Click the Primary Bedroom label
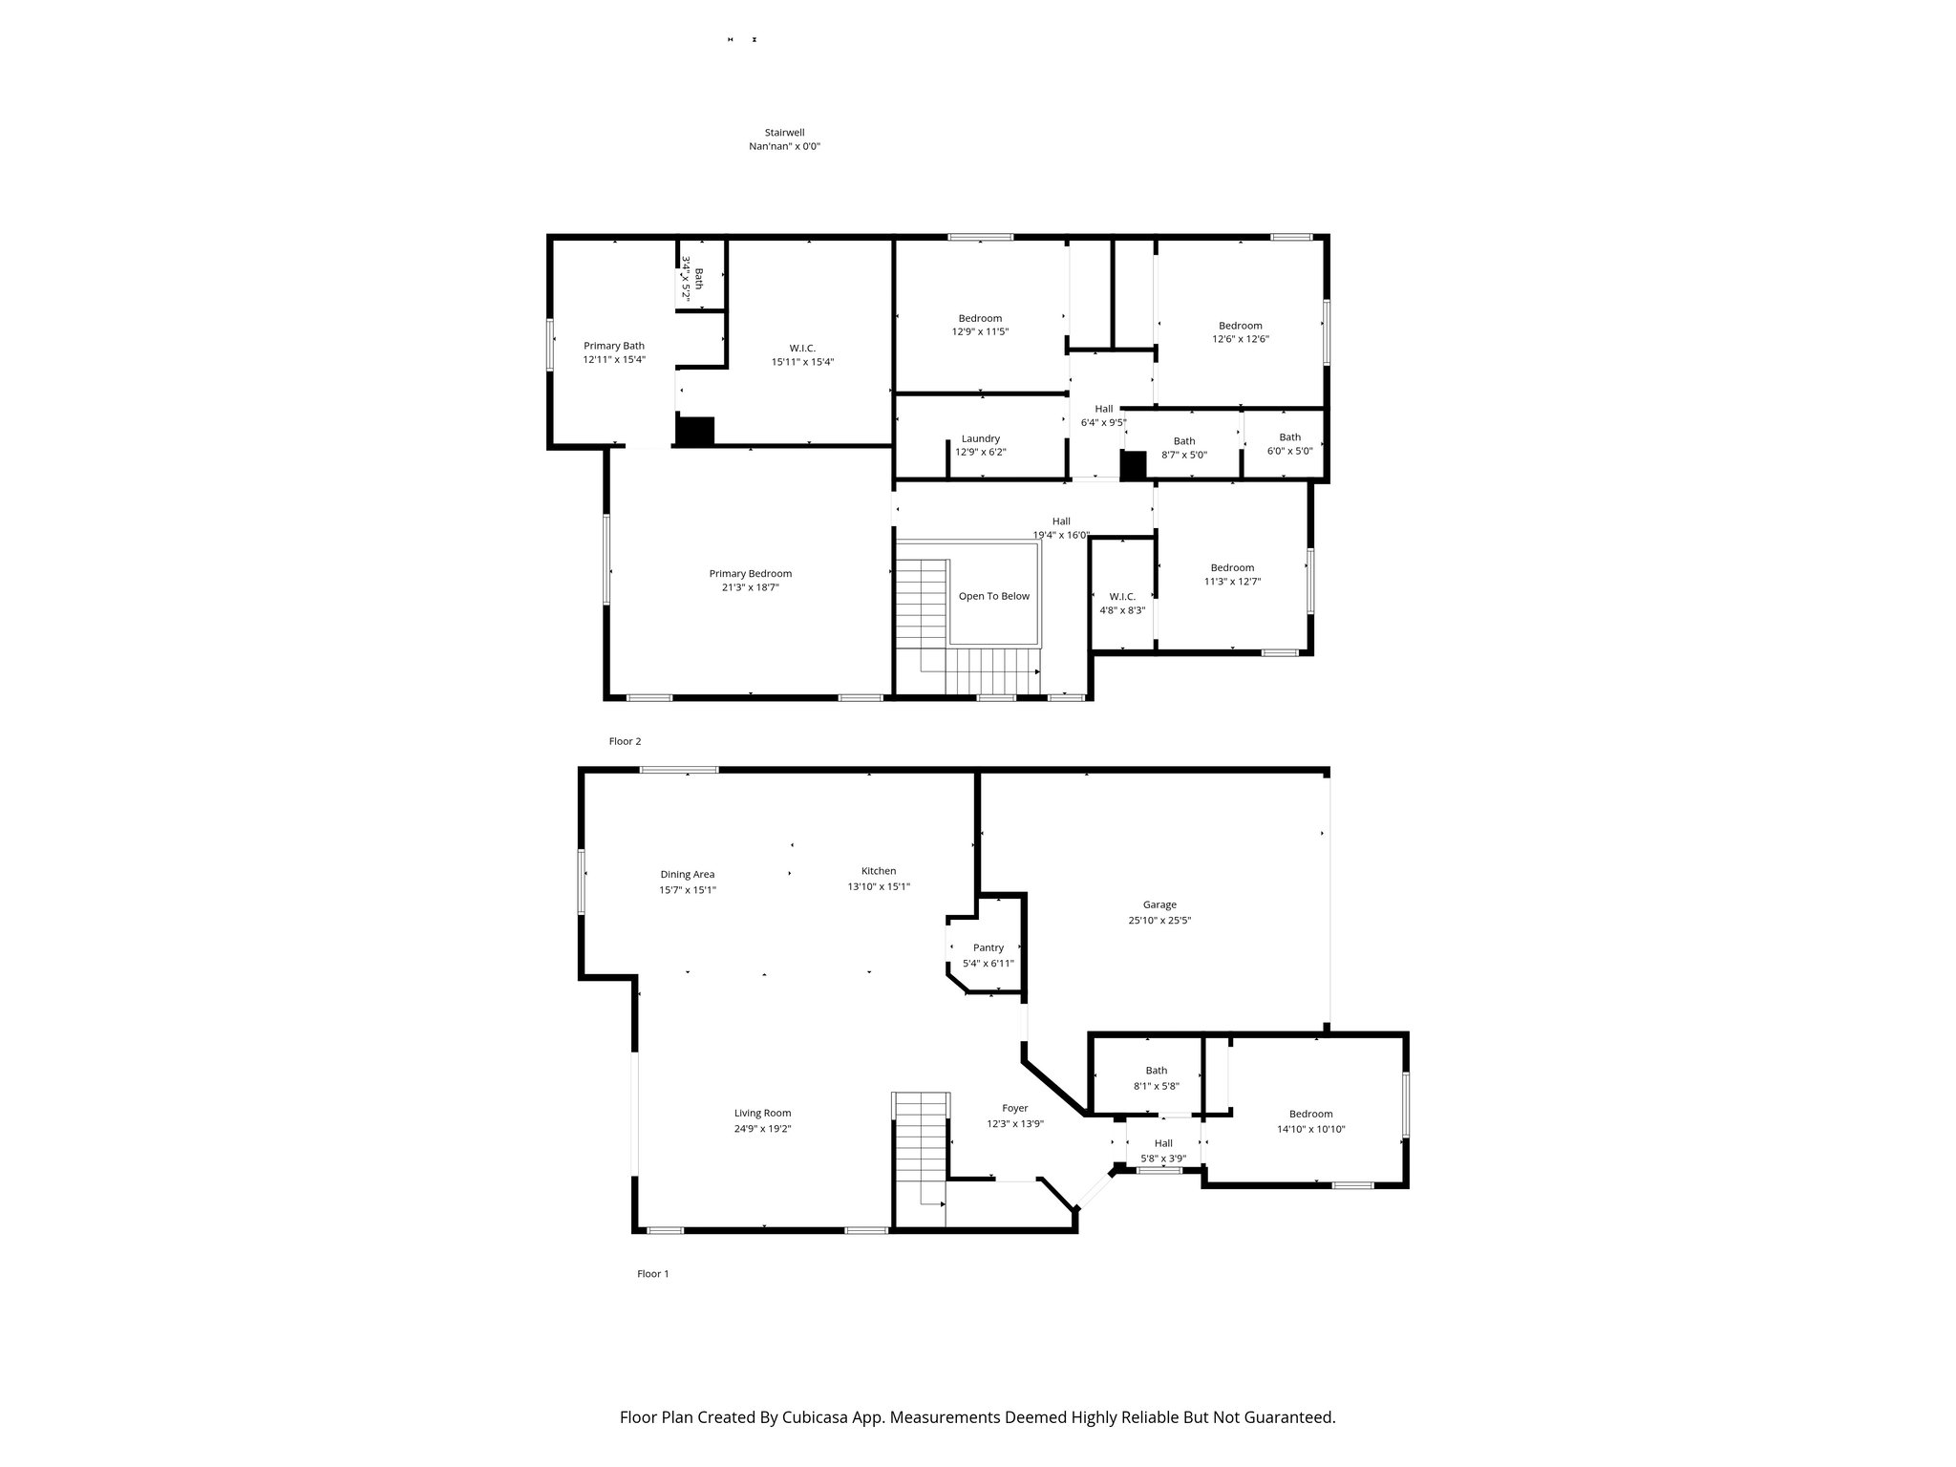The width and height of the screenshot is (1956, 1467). coord(750,573)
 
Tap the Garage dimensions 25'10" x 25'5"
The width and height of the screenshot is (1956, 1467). coord(1159,921)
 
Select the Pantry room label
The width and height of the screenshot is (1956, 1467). coord(989,947)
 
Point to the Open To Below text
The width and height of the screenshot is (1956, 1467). coord(993,596)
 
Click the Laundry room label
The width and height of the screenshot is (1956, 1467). coord(981,438)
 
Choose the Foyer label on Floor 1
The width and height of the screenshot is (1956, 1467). coord(1014,1108)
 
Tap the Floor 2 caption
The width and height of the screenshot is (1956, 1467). coord(625,741)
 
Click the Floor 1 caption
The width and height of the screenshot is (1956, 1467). coord(652,1273)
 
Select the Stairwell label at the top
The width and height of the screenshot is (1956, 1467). coord(784,133)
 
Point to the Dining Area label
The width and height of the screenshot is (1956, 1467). coord(687,874)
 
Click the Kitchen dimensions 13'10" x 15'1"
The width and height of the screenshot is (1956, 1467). coord(879,886)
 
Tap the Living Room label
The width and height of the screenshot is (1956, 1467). coord(762,1113)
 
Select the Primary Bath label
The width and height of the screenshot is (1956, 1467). coord(614,346)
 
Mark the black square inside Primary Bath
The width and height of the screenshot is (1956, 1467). coord(694,431)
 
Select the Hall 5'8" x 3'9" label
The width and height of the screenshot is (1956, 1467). coord(1162,1143)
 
